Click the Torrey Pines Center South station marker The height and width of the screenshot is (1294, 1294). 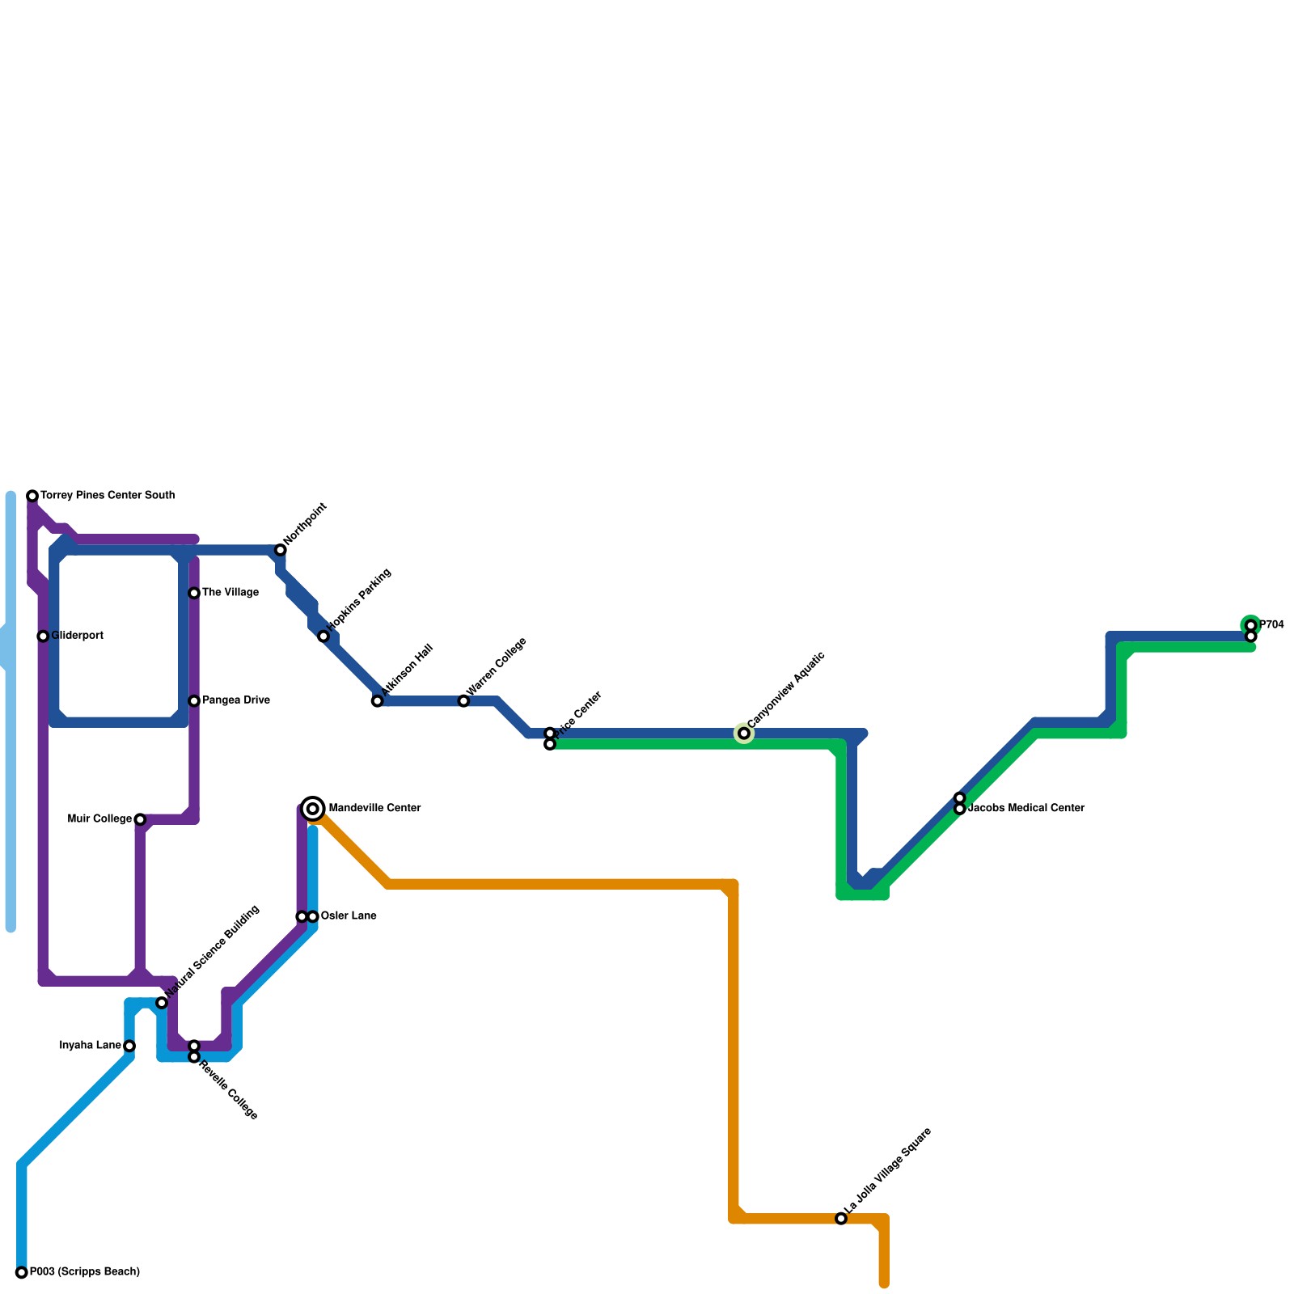coord(32,496)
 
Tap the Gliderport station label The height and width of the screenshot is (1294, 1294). coord(77,636)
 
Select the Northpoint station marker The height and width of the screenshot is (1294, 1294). coord(281,550)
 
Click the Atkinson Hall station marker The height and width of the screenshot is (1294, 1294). coord(378,701)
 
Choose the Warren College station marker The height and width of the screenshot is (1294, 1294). coord(463,701)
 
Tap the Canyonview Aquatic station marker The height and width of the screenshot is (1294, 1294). coord(744,734)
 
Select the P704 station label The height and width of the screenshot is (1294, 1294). coord(1271,625)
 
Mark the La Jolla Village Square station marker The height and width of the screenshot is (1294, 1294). coord(841,1219)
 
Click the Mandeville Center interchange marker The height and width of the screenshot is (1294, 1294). coord(313,809)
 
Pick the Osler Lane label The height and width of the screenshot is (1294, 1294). coord(348,916)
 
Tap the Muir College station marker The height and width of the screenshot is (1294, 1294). coord(140,820)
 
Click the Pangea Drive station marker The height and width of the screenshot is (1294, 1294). coord(194,701)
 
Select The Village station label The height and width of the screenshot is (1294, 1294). coord(230,593)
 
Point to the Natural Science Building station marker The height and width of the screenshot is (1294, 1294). coord(162,1003)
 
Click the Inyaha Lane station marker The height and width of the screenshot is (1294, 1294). coord(129,1047)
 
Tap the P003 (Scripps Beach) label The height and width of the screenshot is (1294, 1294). coord(84,1272)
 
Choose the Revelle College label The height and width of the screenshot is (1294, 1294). coord(228,1089)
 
